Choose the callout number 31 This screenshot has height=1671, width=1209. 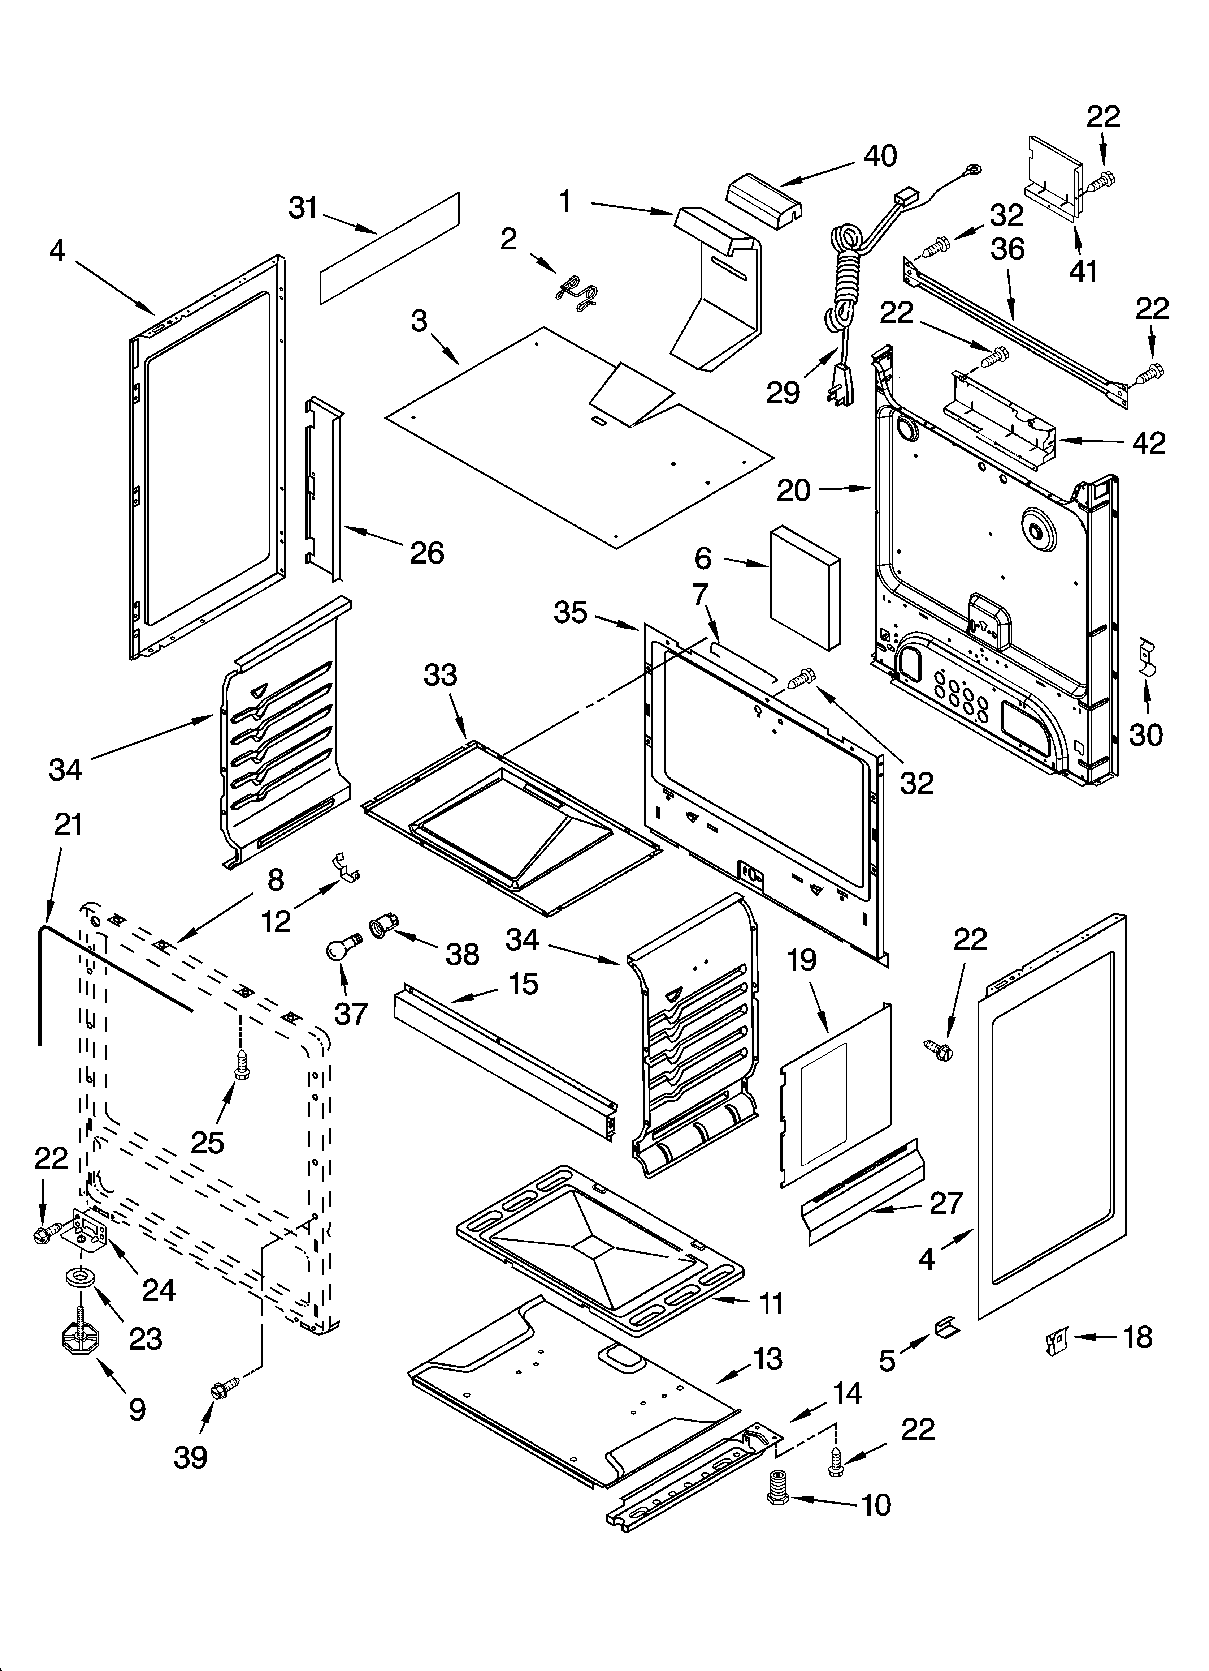pos(303,209)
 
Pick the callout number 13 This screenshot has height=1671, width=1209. pos(768,1359)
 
